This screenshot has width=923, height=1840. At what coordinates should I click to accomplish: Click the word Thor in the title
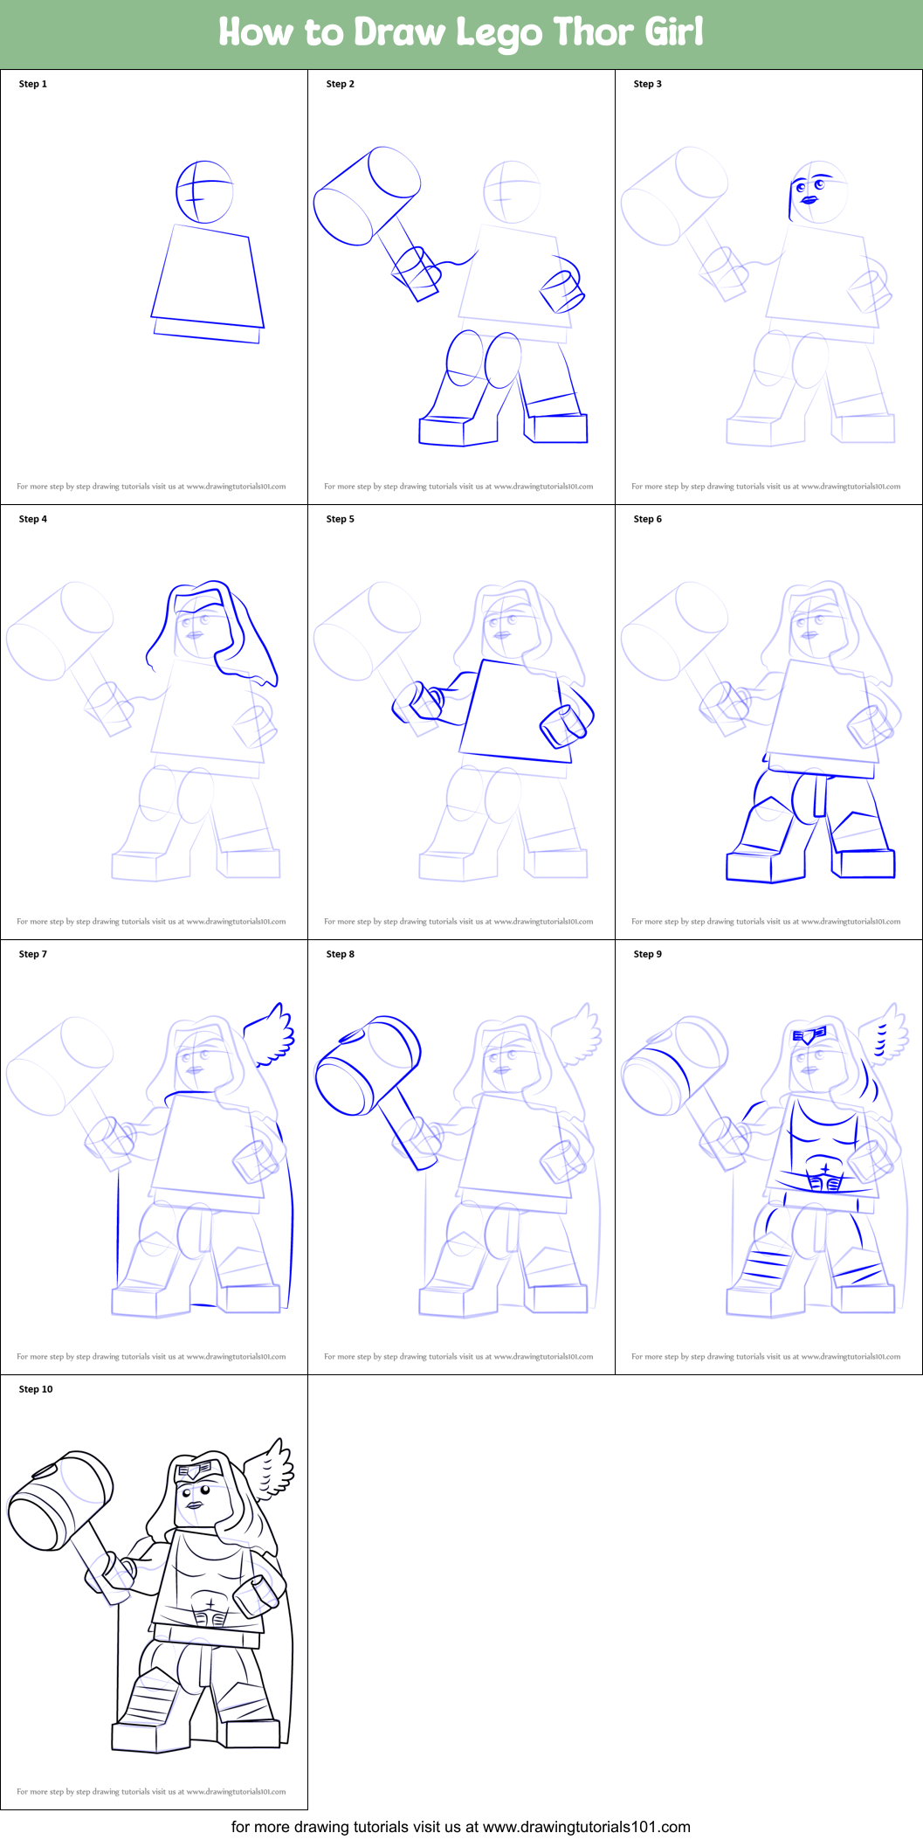(x=593, y=32)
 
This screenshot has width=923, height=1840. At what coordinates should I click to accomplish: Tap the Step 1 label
(x=33, y=84)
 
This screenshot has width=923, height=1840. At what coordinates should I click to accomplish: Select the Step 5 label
(x=341, y=519)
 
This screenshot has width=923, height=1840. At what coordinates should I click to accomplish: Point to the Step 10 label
(x=36, y=1389)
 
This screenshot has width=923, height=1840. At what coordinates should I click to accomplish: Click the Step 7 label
(x=33, y=954)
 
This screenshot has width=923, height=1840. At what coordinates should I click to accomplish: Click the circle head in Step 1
(x=204, y=191)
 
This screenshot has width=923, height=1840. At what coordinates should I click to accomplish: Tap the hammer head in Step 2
(x=367, y=197)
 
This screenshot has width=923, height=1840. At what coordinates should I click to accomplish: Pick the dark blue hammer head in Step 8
(x=368, y=1065)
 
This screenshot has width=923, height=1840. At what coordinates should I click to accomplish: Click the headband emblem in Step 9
(x=809, y=1035)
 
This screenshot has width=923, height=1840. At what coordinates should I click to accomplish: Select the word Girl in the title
(x=673, y=32)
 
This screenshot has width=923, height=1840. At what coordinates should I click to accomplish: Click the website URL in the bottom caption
(x=587, y=1827)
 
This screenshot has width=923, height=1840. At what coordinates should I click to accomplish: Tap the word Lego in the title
(x=499, y=33)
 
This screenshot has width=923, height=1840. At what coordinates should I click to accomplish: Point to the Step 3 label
(x=648, y=84)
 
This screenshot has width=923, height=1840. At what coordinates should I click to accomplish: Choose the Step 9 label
(x=648, y=954)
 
